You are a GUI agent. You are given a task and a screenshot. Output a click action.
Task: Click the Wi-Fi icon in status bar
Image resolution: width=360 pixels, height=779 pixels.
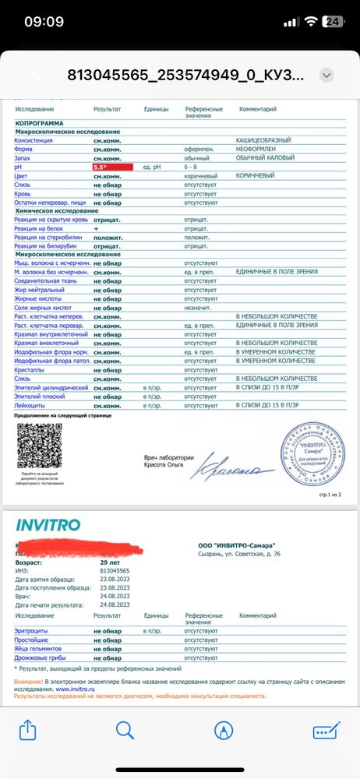point(311,22)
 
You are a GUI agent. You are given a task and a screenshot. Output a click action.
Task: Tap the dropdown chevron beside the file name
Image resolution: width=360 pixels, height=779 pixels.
point(326,75)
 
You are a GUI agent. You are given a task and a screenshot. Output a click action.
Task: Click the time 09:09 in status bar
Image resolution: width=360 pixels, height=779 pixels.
point(44,21)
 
